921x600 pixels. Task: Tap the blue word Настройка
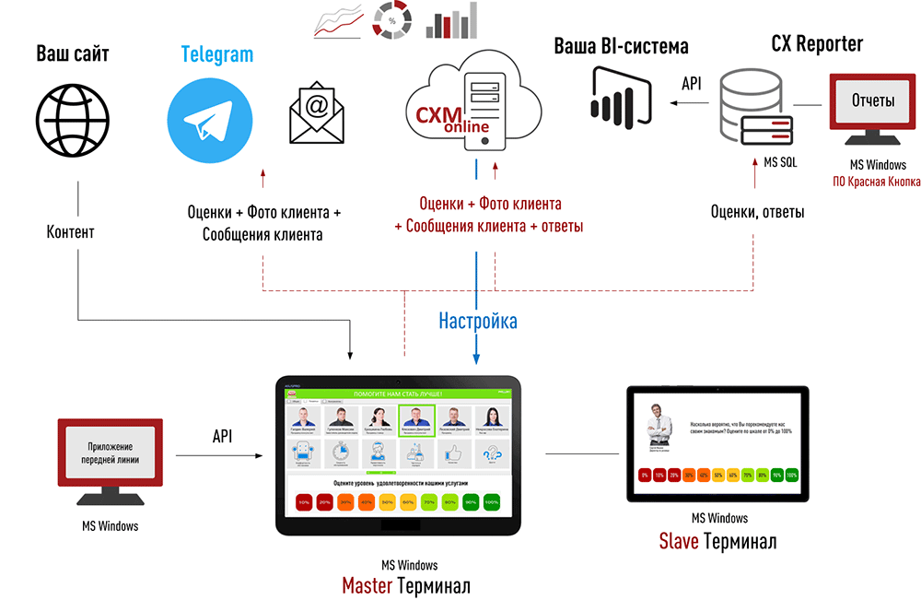tap(477, 322)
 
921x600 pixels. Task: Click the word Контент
tap(70, 232)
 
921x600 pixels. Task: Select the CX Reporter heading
tap(816, 43)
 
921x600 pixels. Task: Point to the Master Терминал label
tap(406, 584)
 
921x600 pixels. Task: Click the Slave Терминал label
tap(717, 541)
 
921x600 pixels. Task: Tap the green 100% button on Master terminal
tap(491, 502)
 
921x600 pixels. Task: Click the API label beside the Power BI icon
tap(691, 84)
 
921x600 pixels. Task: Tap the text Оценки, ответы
tap(757, 212)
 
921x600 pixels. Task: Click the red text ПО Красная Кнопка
tap(875, 182)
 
